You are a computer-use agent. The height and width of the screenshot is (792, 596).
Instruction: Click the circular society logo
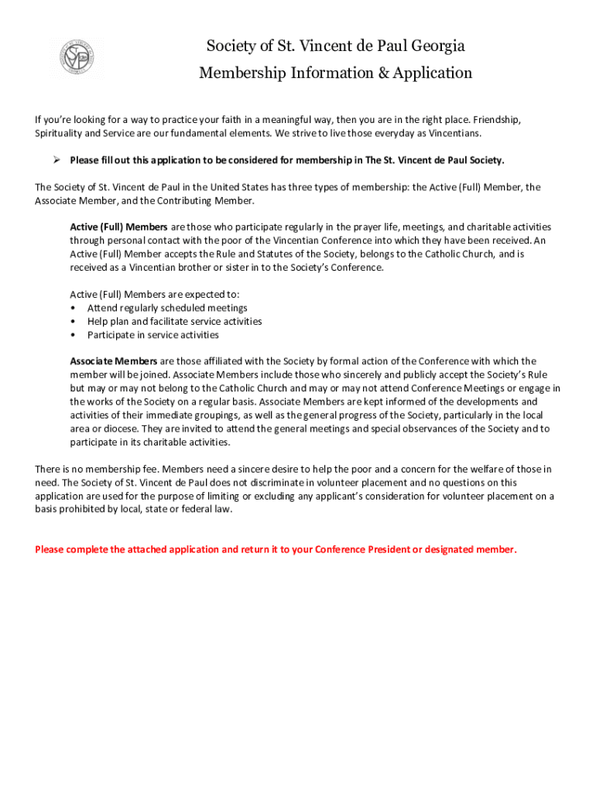tap(77, 58)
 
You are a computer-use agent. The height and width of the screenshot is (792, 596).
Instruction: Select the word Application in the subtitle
tap(424, 73)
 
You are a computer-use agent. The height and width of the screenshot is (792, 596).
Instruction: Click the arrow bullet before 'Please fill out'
tap(57, 160)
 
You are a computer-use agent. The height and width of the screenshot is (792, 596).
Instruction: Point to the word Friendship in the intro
tap(495, 120)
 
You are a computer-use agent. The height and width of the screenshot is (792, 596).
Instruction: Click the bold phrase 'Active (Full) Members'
tap(118, 227)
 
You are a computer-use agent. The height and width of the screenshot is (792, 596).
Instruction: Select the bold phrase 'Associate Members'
tap(114, 361)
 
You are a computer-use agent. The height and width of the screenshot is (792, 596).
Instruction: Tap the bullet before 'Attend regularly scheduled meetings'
tap(73, 308)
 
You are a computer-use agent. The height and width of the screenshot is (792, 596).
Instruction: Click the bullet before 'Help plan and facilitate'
tap(73, 322)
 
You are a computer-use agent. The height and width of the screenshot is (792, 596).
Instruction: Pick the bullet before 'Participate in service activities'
tap(73, 335)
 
